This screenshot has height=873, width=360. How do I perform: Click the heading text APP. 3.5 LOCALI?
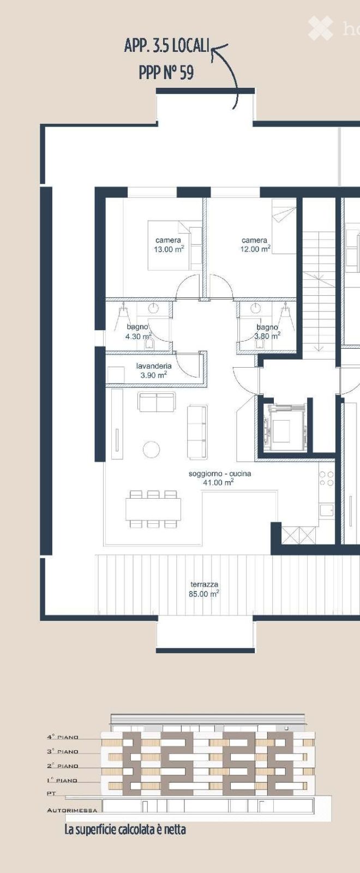tap(166, 46)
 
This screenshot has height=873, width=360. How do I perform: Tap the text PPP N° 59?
tap(166, 72)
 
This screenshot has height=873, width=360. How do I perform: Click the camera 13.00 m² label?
tap(169, 245)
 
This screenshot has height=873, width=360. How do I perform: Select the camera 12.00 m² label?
tap(255, 245)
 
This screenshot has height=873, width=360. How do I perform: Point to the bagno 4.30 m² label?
tap(138, 332)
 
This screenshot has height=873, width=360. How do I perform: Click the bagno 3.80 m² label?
tap(267, 332)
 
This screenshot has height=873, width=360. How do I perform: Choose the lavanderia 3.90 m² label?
tap(154, 370)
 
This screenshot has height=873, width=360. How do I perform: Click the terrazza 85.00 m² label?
tap(204, 589)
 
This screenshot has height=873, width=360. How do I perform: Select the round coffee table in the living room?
tap(151, 449)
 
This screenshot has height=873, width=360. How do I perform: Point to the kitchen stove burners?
tap(326, 479)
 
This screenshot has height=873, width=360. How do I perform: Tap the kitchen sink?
tap(327, 510)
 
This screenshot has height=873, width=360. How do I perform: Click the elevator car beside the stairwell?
tap(283, 427)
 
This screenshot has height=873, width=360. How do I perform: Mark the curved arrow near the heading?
tap(229, 74)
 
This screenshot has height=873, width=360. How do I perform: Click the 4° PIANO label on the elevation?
tap(62, 737)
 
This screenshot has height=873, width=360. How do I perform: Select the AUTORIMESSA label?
tap(72, 810)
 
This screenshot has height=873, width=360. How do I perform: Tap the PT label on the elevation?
tap(51, 794)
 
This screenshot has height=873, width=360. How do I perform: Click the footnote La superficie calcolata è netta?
tap(125, 830)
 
